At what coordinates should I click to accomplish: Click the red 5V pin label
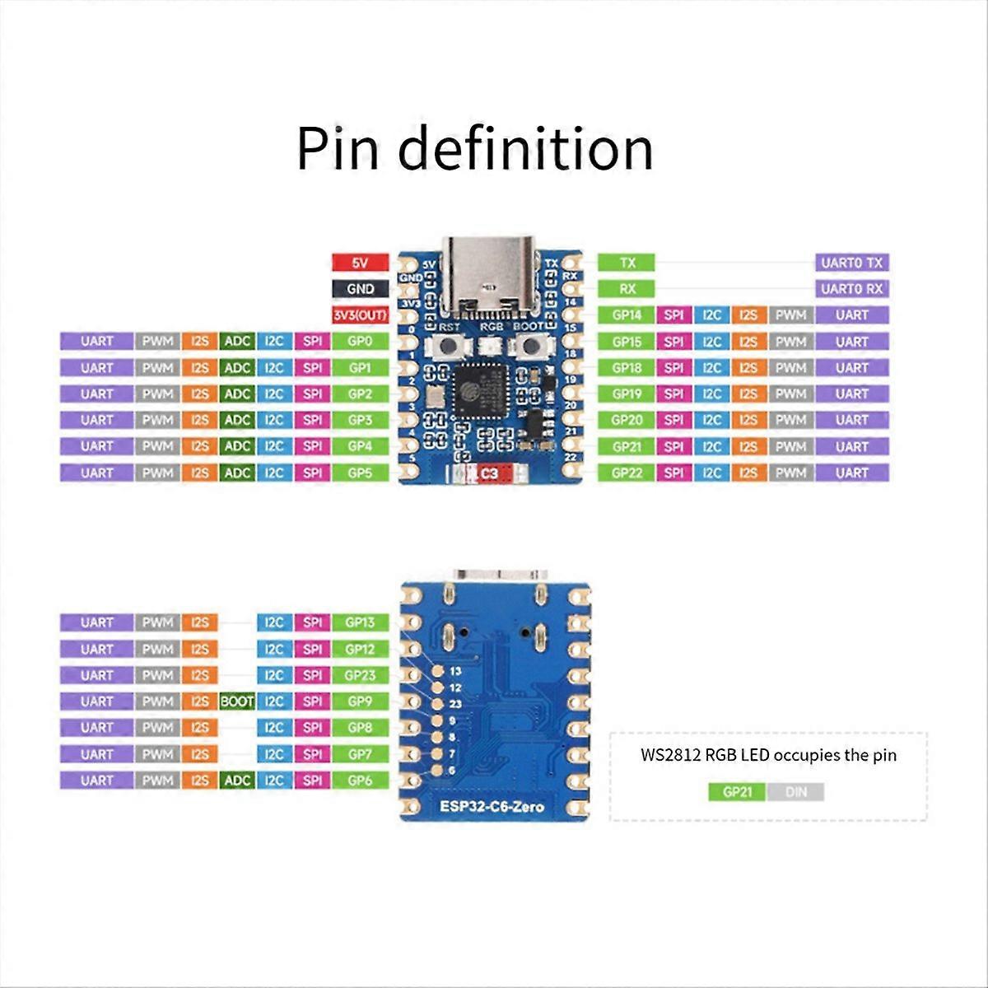pyautogui.click(x=360, y=263)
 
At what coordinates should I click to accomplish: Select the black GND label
pyautogui.click(x=360, y=289)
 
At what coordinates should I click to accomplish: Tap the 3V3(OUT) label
pyautogui.click(x=360, y=315)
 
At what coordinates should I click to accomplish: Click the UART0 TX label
pyautogui.click(x=851, y=263)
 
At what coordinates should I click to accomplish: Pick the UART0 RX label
pyautogui.click(x=851, y=289)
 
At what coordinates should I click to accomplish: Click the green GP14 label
pyautogui.click(x=627, y=315)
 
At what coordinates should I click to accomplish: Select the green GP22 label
pyautogui.click(x=627, y=473)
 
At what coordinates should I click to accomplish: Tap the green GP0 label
pyautogui.click(x=360, y=341)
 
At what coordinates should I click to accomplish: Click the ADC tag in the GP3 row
pyautogui.click(x=237, y=420)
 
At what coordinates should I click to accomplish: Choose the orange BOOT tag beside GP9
pyautogui.click(x=237, y=701)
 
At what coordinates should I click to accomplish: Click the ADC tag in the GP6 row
pyautogui.click(x=237, y=780)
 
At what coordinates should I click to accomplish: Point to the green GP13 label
pyautogui.click(x=360, y=622)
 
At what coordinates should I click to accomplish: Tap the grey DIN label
pyautogui.click(x=795, y=793)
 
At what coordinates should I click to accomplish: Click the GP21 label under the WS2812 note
pyautogui.click(x=738, y=793)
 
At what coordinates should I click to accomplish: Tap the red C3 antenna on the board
pyautogui.click(x=490, y=473)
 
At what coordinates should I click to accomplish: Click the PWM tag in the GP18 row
pyautogui.click(x=790, y=368)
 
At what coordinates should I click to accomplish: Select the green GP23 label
pyautogui.click(x=360, y=675)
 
